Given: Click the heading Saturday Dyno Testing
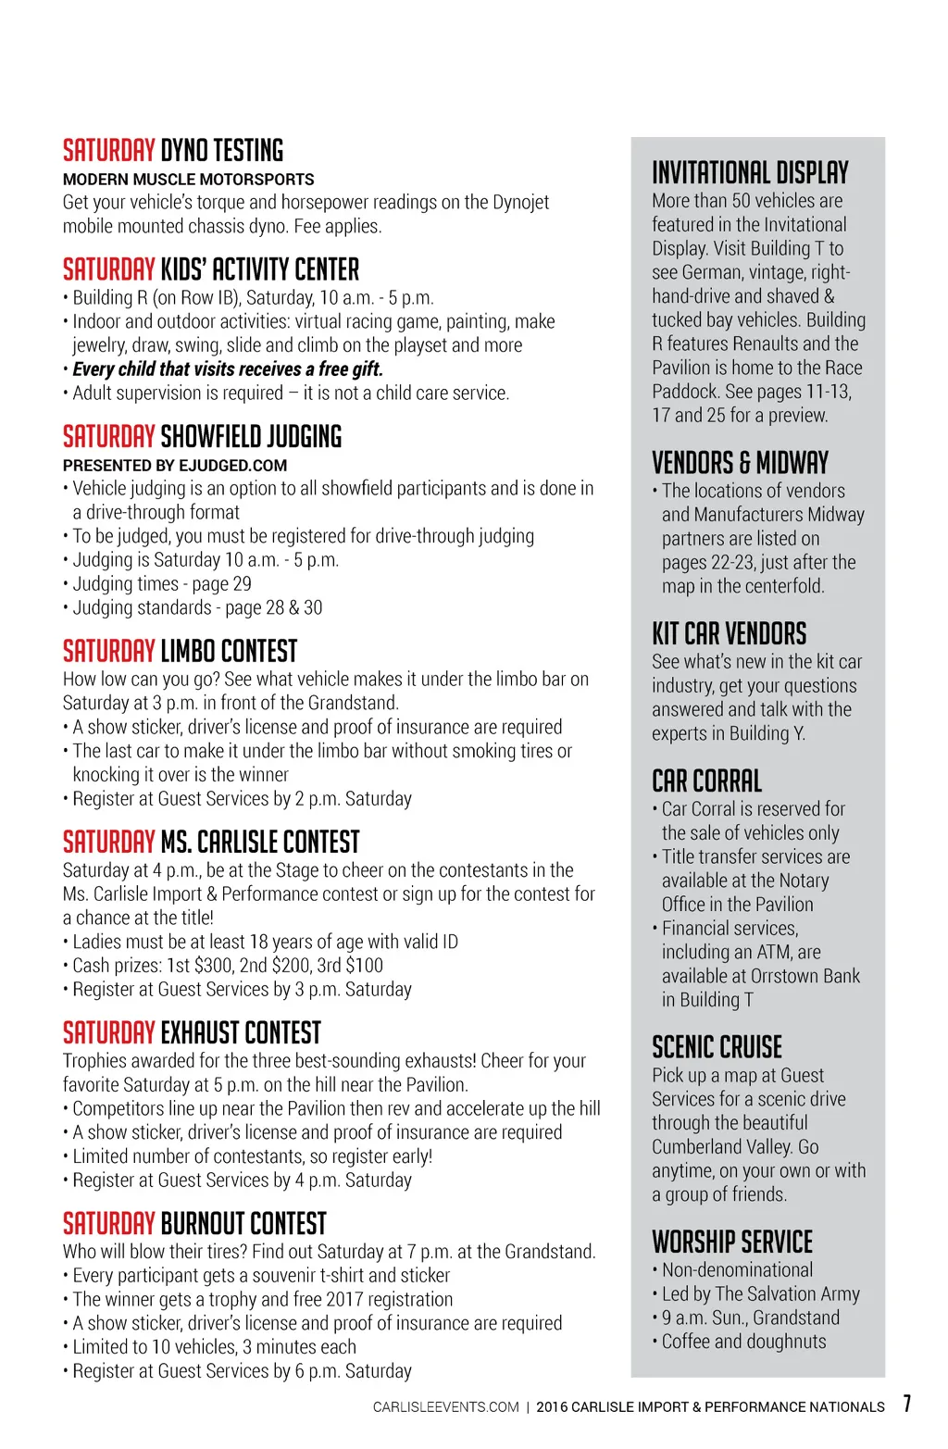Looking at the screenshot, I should (x=173, y=151).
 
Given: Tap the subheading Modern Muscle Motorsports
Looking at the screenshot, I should (x=188, y=180).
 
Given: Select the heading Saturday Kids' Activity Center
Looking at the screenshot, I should (x=211, y=270).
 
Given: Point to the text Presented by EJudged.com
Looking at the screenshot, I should (x=175, y=466).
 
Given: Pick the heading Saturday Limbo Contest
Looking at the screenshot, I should (x=181, y=652).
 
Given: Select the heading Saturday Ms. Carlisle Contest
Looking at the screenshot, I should (x=211, y=843).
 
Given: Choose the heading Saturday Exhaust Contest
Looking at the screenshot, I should (x=192, y=1033).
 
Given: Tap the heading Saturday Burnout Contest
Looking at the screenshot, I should (x=194, y=1224).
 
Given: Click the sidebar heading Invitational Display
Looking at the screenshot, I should (x=750, y=173).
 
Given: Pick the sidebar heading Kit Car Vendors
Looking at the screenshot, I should (x=729, y=634).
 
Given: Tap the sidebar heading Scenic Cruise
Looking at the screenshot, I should (x=717, y=1048).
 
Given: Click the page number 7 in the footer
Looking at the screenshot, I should (x=907, y=1404).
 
